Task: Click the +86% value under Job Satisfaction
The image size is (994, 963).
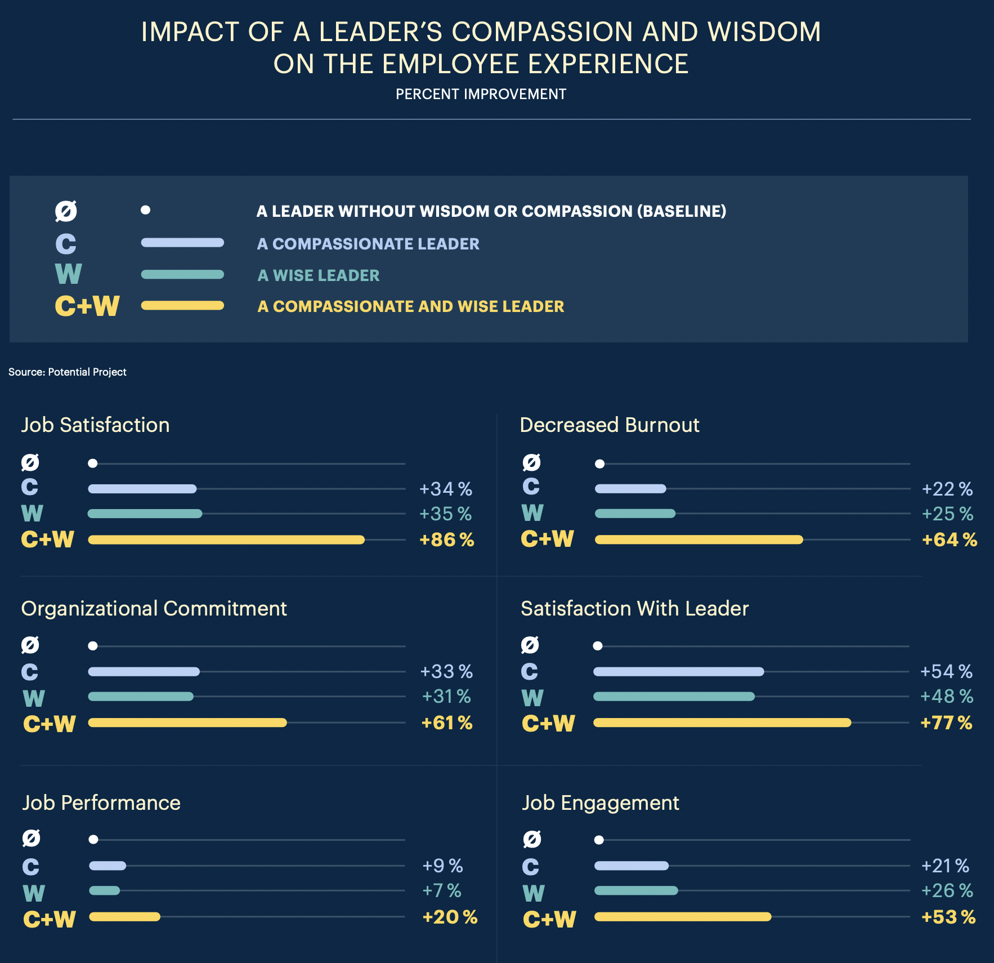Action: coord(446,540)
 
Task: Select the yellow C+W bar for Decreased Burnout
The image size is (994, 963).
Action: coord(699,540)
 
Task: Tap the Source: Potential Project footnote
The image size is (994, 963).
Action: coord(67,372)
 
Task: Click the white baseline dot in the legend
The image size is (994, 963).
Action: coord(145,210)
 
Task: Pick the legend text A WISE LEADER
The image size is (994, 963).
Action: coord(318,275)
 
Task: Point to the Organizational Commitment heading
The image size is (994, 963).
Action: coord(154,609)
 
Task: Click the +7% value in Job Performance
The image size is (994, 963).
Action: coord(441,890)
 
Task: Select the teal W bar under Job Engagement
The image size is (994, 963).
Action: coord(636,890)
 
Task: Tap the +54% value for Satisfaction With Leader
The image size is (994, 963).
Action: coord(946,671)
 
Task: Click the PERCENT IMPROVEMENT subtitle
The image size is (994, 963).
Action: coord(481,94)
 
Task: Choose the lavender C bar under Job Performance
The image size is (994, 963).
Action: coord(108,866)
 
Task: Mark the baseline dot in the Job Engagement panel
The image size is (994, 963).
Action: coord(599,840)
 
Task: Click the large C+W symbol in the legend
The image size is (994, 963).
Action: coord(87,306)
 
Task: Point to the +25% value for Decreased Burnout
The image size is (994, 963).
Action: coord(947,514)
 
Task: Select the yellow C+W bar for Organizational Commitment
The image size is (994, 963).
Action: coord(187,723)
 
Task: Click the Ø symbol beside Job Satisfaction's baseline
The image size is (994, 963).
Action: coord(30,463)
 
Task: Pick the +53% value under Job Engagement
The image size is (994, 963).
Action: coord(948,917)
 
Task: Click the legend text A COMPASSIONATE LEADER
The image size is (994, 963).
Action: coord(368,244)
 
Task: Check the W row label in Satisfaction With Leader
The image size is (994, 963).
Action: coord(532,698)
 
